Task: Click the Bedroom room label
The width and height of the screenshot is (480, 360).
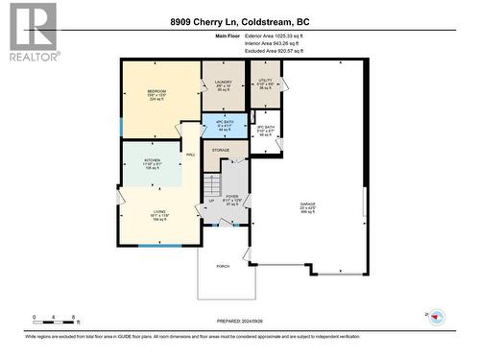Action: point(158,91)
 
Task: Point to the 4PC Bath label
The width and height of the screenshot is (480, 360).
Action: point(224,122)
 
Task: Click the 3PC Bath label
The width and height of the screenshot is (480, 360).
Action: point(266,127)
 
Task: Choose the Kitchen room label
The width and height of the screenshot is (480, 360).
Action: point(152,160)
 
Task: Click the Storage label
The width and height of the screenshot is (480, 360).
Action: point(221,151)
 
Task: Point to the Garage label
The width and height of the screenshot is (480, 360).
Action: point(307,205)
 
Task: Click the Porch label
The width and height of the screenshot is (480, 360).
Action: point(223,266)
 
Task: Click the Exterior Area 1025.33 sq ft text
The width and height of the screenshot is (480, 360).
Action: point(289,35)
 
